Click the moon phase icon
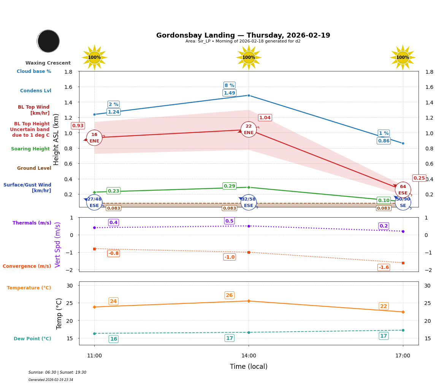pos(48,41)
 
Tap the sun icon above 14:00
pos(249,57)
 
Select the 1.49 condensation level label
pos(229,93)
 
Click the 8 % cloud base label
pos(229,85)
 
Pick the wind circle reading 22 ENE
pos(249,130)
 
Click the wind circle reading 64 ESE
pos(403,190)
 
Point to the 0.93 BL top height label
pos(78,126)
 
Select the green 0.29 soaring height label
pos(229,186)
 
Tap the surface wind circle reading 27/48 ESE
pos(94,202)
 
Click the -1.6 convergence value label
pos(384,267)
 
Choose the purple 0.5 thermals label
pos(229,221)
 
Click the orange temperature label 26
pos(229,296)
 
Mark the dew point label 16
pos(113,339)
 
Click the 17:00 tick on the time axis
pos(403,356)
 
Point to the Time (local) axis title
pos(249,367)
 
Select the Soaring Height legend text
pos(30,149)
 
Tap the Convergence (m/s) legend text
pos(27,266)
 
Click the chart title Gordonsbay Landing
pos(243,35)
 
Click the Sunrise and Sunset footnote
pos(57,373)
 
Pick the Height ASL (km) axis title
pos(56,139)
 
